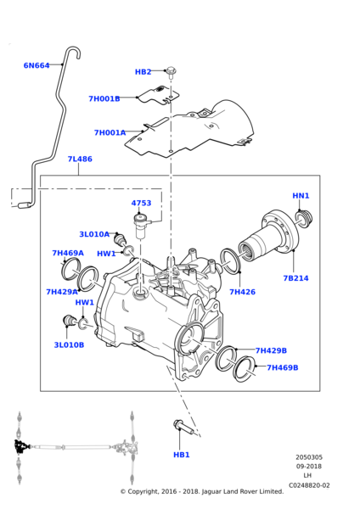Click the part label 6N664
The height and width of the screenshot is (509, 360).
(x=37, y=65)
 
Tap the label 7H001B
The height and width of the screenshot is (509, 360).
(x=104, y=98)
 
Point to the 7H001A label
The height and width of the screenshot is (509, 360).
(x=110, y=132)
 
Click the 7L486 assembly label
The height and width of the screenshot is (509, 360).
(x=80, y=159)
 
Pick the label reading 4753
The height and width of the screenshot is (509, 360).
(x=141, y=204)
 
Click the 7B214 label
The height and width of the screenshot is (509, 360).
(x=295, y=278)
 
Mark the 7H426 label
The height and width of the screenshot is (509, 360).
(x=242, y=292)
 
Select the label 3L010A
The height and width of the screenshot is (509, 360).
(x=94, y=234)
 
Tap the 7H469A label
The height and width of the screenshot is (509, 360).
(x=68, y=253)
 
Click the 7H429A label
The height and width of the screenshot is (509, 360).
(x=62, y=292)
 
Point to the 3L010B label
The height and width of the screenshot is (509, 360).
(x=69, y=345)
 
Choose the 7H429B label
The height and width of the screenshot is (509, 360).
(x=271, y=350)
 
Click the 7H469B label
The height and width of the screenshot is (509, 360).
(x=283, y=367)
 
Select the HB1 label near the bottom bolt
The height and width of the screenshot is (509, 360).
(x=182, y=455)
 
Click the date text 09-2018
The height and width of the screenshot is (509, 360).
(x=309, y=467)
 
